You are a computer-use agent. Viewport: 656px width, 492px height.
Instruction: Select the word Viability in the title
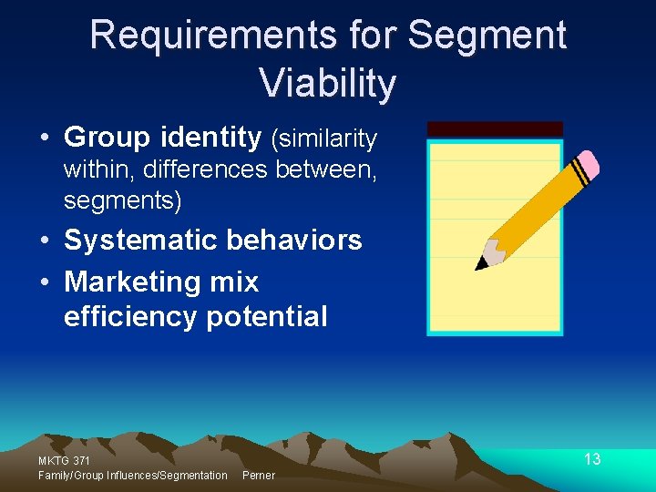[x=328, y=83]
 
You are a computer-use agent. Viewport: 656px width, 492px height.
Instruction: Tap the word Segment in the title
[x=487, y=36]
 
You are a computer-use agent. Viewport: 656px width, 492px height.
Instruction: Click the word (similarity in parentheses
[x=323, y=138]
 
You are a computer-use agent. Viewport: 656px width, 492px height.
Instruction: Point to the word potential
[x=267, y=316]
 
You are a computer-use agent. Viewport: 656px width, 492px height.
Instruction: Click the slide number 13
[x=592, y=459]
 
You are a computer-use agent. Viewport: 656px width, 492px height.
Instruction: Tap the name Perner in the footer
[x=259, y=476]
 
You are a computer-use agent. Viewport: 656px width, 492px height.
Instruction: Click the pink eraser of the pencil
[x=588, y=164]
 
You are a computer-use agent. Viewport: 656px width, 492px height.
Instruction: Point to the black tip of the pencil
[x=480, y=265]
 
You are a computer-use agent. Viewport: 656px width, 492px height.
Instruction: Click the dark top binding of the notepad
[x=495, y=129]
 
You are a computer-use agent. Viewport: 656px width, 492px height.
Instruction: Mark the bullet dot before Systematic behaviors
[x=45, y=241]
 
